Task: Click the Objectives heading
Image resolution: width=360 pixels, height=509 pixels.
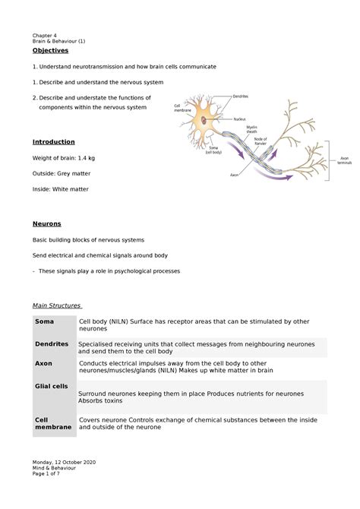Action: click(49, 50)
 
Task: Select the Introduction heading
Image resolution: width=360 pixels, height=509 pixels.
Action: click(53, 142)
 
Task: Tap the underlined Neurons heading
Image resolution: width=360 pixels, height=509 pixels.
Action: click(46, 224)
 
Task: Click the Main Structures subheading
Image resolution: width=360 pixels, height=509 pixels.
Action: click(58, 305)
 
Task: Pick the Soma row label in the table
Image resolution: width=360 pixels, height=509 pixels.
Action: click(44, 324)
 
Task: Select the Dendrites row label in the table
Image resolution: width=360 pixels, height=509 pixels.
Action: click(52, 343)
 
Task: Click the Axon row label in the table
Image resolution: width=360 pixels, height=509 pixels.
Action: click(43, 363)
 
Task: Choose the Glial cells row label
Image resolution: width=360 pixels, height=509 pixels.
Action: click(52, 386)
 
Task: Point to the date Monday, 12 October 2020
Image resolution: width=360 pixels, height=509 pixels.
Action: click(64, 463)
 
